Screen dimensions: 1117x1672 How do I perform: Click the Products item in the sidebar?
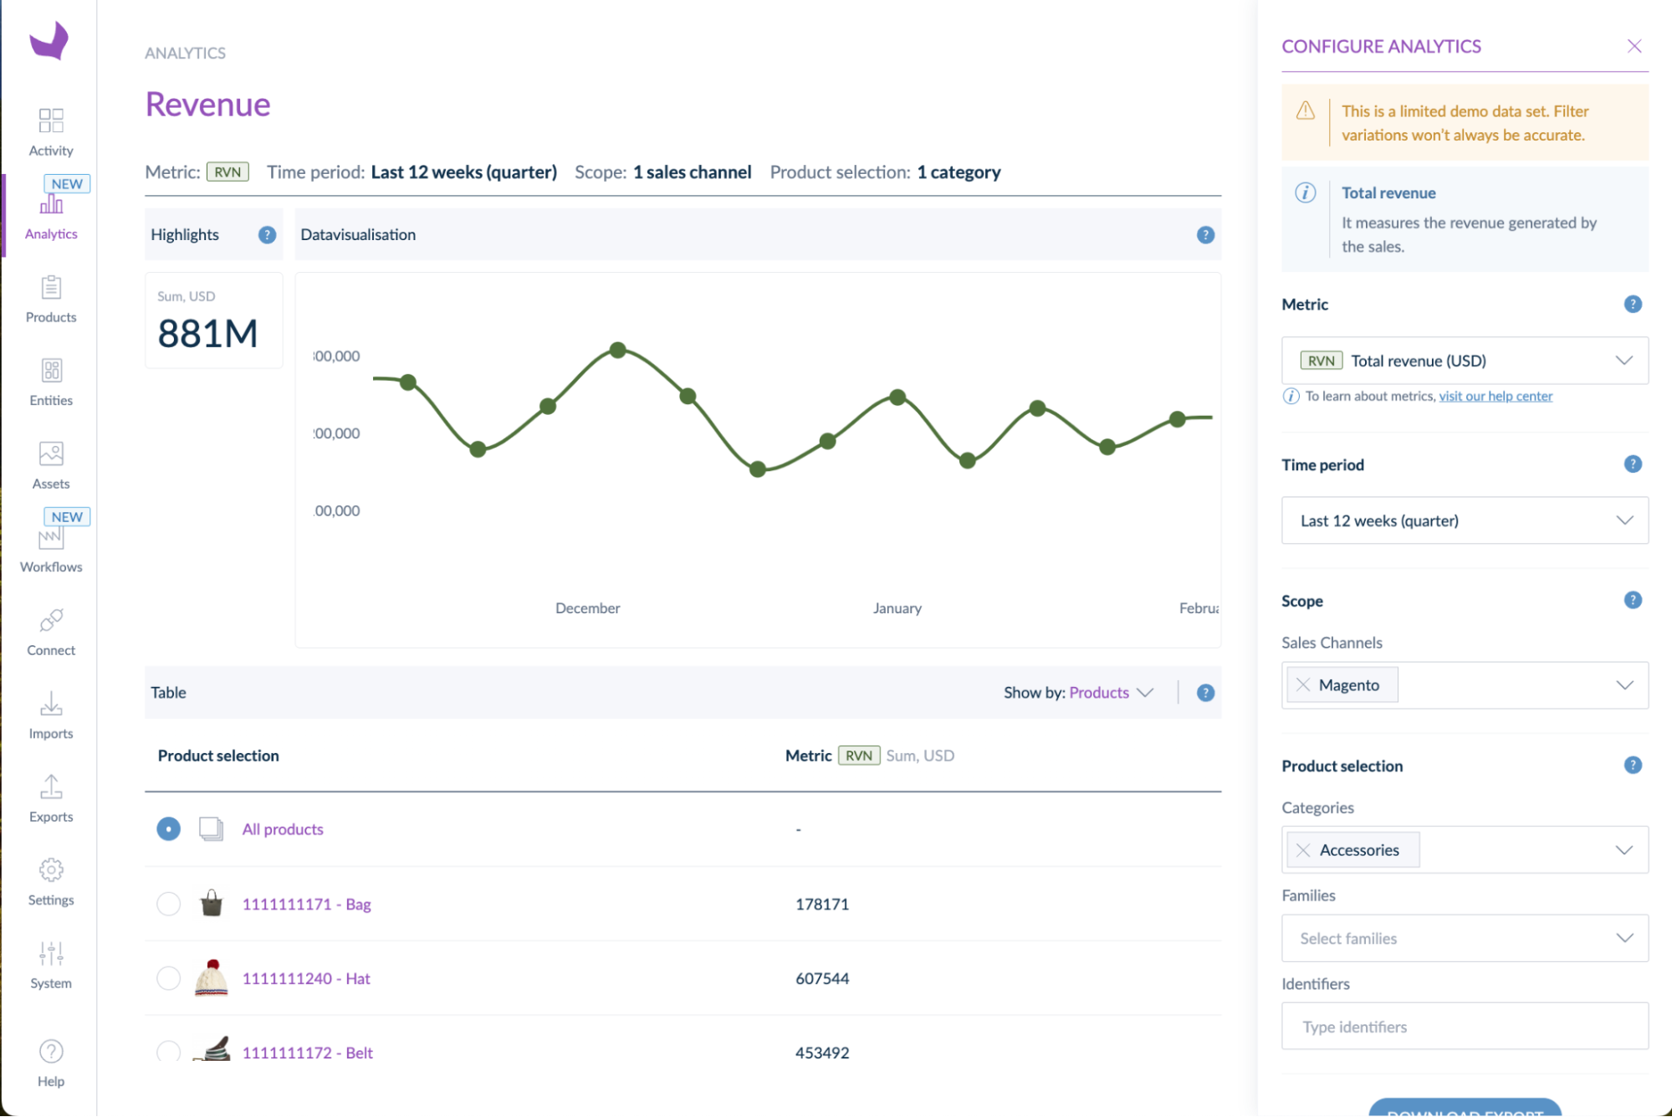(x=51, y=299)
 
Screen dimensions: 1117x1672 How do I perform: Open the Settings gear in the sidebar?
(x=51, y=881)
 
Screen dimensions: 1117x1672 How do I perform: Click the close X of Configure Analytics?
(x=1634, y=46)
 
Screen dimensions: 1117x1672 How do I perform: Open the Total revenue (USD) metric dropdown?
(x=1464, y=361)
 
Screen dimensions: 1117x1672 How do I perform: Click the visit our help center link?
(x=1495, y=397)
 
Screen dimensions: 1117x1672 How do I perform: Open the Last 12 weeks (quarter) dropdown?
(x=1464, y=520)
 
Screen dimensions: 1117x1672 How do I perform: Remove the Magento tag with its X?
(x=1303, y=685)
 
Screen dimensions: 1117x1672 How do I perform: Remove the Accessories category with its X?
(x=1303, y=850)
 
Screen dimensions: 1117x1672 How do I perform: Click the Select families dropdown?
(x=1464, y=938)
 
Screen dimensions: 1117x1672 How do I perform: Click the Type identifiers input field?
(x=1464, y=1027)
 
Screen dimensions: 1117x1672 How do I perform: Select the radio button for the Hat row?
(x=168, y=978)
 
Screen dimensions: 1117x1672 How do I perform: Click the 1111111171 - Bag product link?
(x=306, y=904)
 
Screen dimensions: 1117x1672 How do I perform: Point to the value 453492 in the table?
(x=821, y=1053)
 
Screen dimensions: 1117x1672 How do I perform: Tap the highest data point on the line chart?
(x=617, y=350)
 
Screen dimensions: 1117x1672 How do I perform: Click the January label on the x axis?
(x=897, y=608)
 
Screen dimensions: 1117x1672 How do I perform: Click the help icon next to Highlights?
(x=267, y=235)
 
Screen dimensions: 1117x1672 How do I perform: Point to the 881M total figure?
(x=207, y=334)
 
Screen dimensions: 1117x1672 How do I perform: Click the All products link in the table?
(x=283, y=829)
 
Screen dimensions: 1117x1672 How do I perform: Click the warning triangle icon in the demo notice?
(x=1305, y=111)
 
